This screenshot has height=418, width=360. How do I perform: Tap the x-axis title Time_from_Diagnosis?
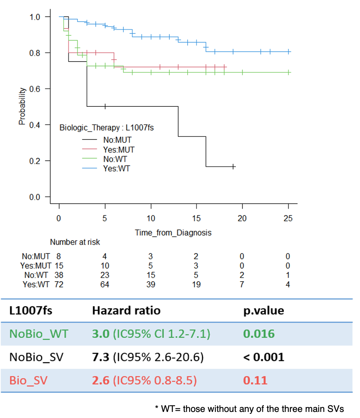[x=173, y=233]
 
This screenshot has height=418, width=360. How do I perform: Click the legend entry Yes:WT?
[x=117, y=168]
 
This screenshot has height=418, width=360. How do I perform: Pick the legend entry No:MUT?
[x=117, y=140]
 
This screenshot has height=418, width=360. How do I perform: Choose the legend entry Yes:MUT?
[x=119, y=149]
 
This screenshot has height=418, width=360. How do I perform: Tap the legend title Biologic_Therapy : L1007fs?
[x=106, y=128]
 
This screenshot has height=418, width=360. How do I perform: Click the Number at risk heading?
[x=75, y=242]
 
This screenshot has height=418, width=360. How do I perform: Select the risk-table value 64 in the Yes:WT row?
[x=104, y=284]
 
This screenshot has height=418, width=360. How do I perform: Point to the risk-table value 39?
[x=150, y=284]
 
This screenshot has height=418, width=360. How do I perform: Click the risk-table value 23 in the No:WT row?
[x=104, y=274]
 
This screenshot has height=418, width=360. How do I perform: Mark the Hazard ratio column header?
[x=126, y=310]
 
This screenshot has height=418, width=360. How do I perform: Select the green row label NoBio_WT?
[x=39, y=334]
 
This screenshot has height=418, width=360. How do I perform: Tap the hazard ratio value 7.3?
[x=100, y=357]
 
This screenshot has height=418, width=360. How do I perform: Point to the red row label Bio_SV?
[x=28, y=380]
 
